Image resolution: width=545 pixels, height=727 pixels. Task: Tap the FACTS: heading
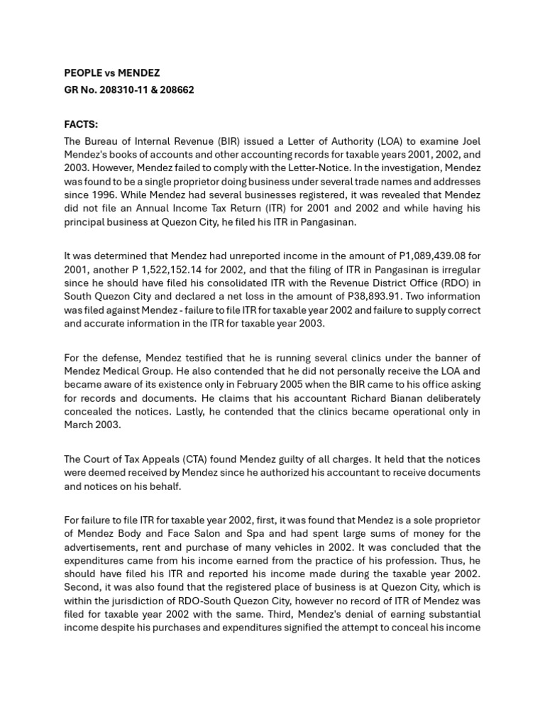click(x=81, y=124)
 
